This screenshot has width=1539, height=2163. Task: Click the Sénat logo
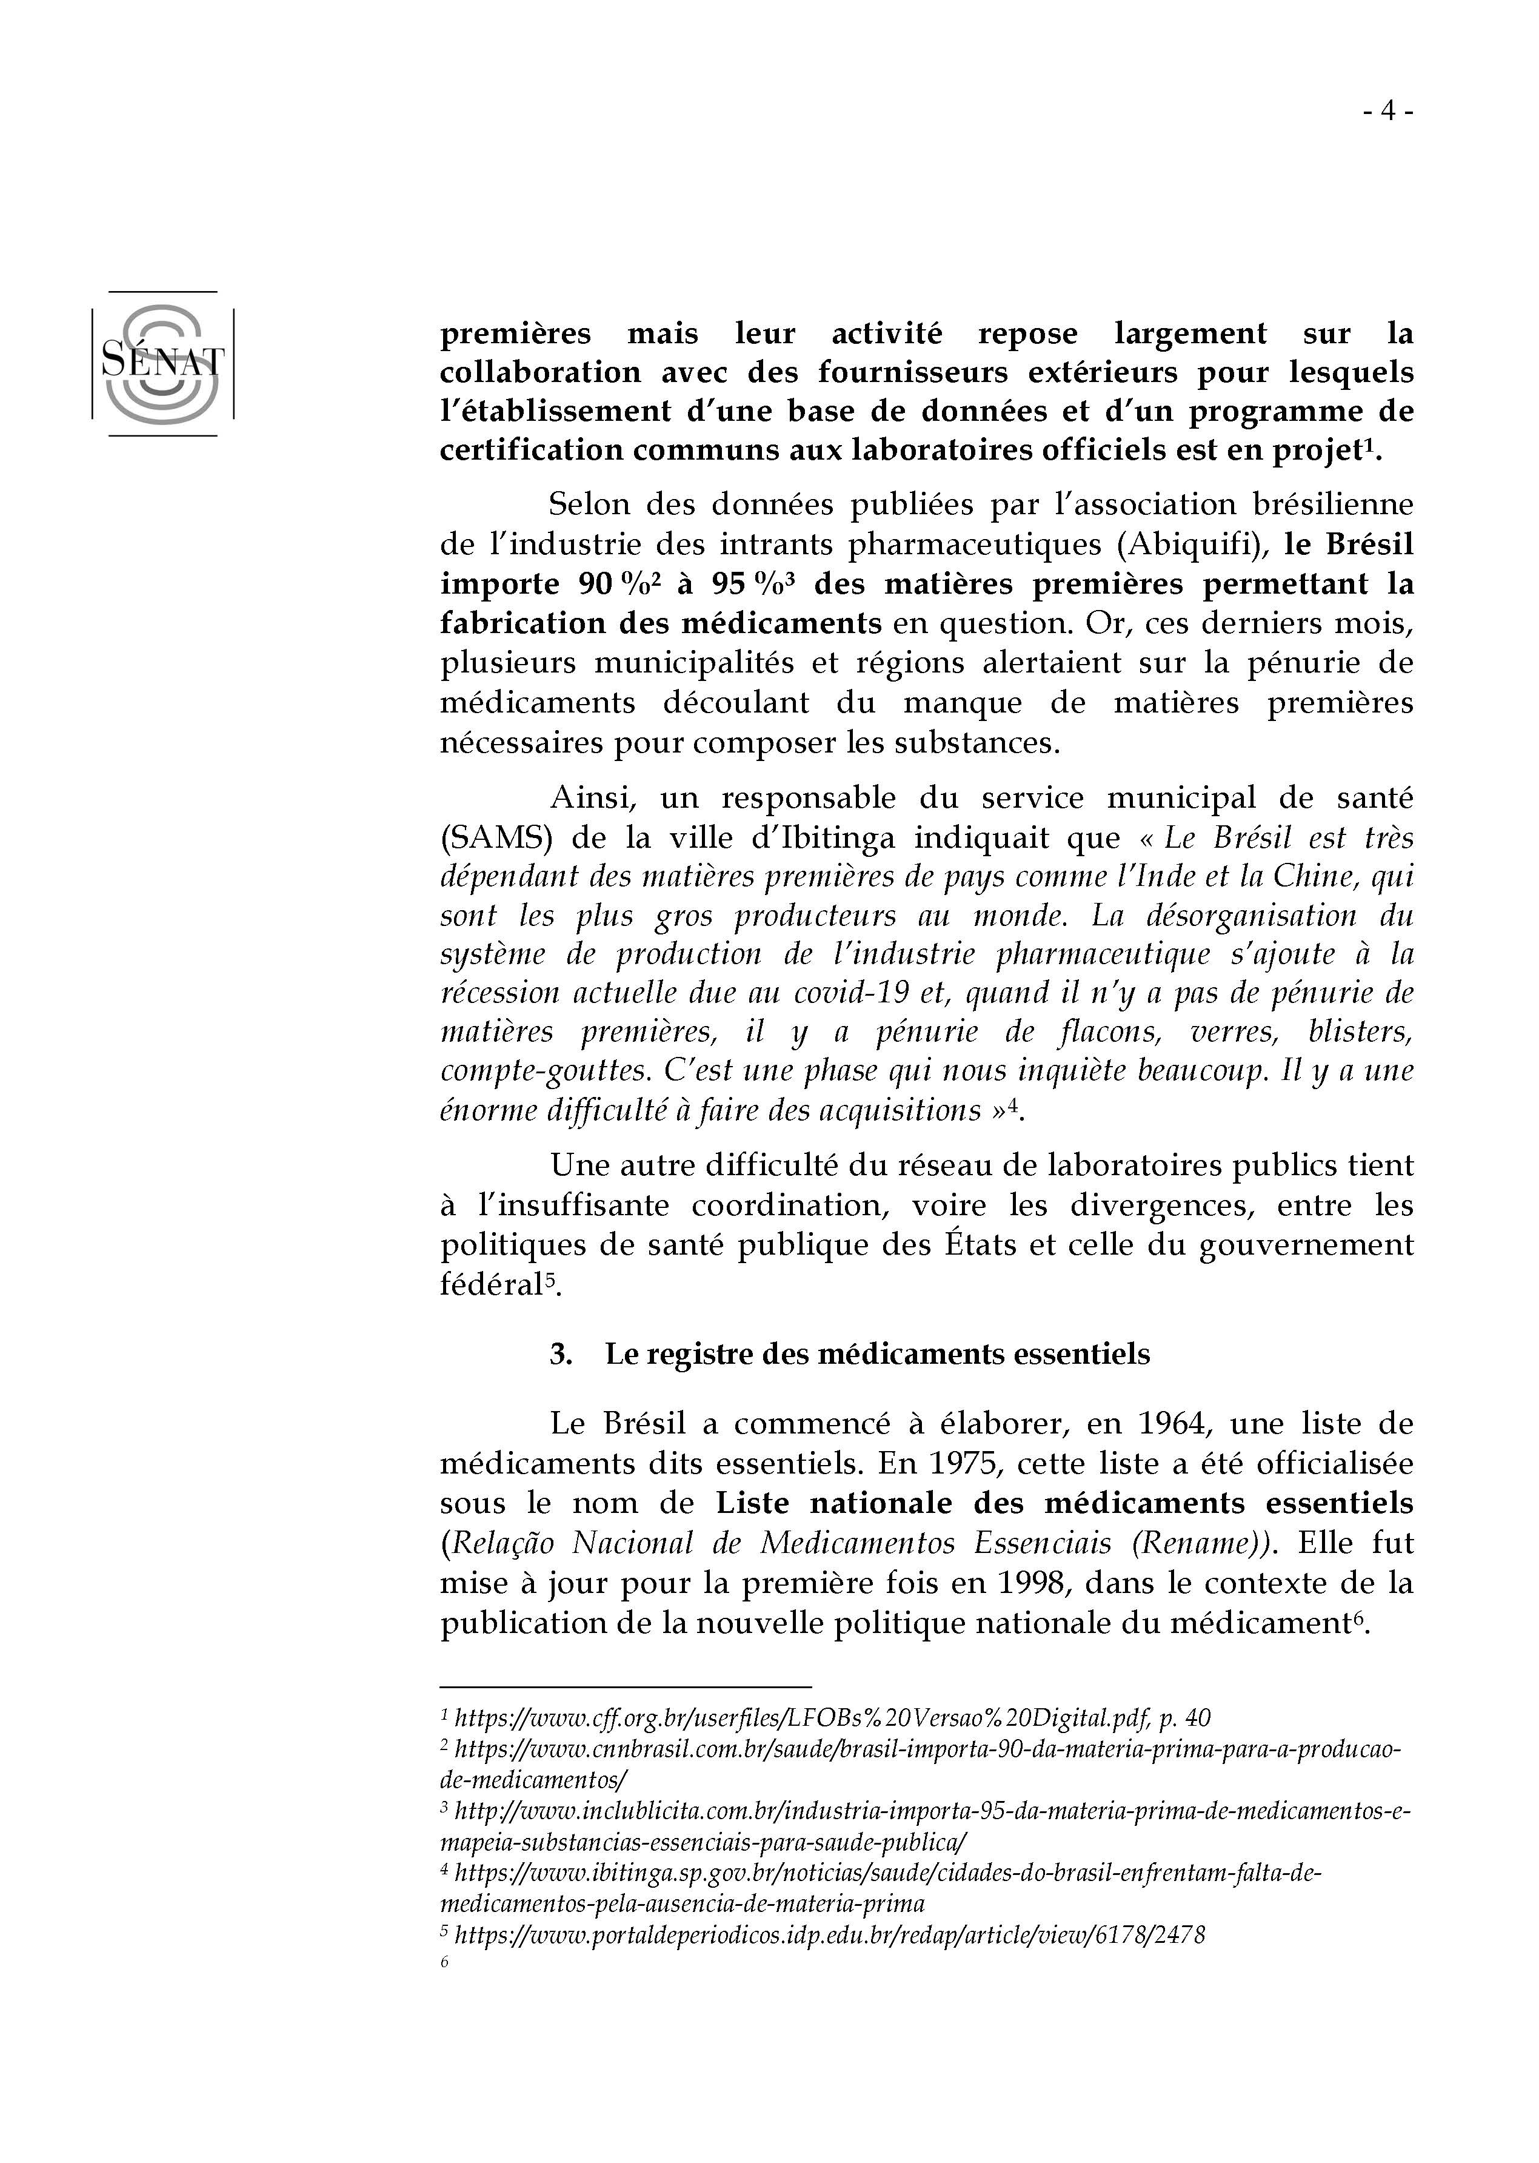click(162, 363)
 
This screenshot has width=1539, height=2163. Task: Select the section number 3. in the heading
click(561, 1353)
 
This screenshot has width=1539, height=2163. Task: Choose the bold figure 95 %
click(745, 584)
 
